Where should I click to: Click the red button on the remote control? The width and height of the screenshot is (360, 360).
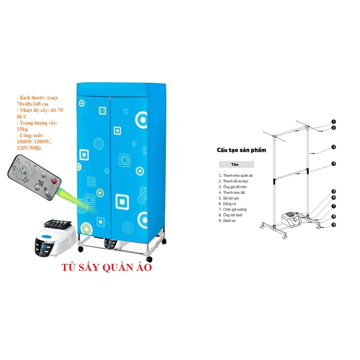click(x=54, y=181)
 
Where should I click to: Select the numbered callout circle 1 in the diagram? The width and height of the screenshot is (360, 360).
click(x=333, y=122)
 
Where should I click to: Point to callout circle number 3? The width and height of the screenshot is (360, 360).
click(x=333, y=147)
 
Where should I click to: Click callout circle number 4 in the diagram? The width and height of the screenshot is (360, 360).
click(x=333, y=163)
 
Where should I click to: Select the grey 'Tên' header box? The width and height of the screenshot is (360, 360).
click(x=236, y=164)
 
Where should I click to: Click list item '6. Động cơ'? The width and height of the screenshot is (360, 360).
click(x=230, y=204)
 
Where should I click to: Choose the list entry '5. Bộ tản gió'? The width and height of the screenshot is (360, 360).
click(x=232, y=198)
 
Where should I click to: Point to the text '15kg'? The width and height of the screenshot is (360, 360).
click(x=22, y=129)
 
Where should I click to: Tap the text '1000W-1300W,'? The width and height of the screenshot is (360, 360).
click(x=34, y=142)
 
